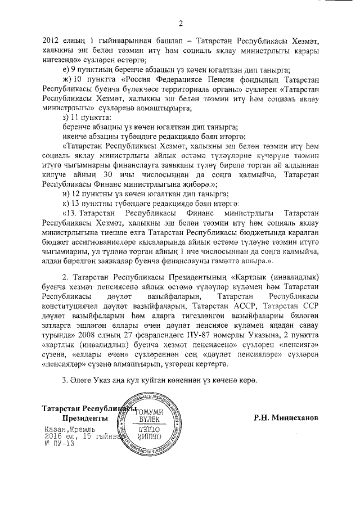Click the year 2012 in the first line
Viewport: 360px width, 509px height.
tap(51, 40)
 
